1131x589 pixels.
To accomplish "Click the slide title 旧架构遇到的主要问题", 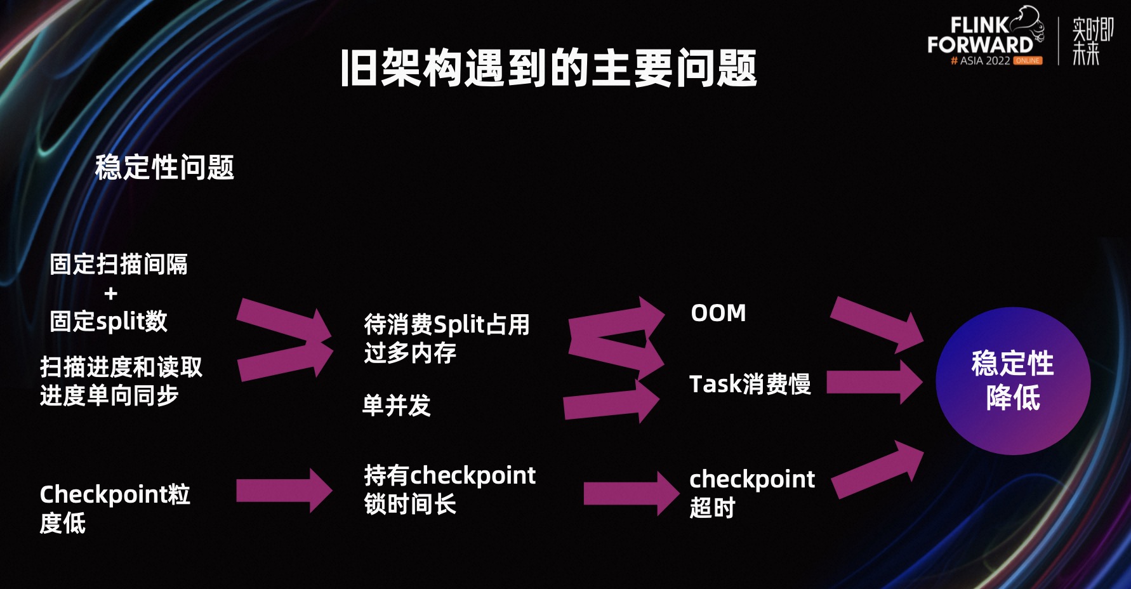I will coord(549,68).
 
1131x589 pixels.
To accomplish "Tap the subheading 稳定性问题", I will coord(164,168).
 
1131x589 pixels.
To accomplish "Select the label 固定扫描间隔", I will coord(119,264).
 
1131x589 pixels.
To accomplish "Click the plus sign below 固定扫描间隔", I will coord(111,293).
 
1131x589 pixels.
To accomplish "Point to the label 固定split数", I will coord(109,321).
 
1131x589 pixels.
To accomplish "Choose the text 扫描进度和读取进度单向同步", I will coord(121,381).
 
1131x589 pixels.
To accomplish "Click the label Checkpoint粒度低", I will coord(114,508).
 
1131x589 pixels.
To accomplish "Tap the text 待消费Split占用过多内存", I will coord(446,338).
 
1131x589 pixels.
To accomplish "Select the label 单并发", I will coord(396,406).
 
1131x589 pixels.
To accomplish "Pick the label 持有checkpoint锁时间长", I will coord(449,489).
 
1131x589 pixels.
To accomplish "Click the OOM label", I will coord(718,313).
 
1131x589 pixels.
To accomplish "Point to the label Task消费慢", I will coord(750,384).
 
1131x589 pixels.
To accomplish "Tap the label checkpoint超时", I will coord(751,493).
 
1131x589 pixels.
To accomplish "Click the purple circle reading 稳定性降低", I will coord(1012,381).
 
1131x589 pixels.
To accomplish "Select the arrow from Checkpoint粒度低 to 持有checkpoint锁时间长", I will coord(284,491).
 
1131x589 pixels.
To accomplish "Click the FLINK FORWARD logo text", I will coord(981,36).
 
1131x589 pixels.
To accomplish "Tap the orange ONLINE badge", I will coord(1028,61).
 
